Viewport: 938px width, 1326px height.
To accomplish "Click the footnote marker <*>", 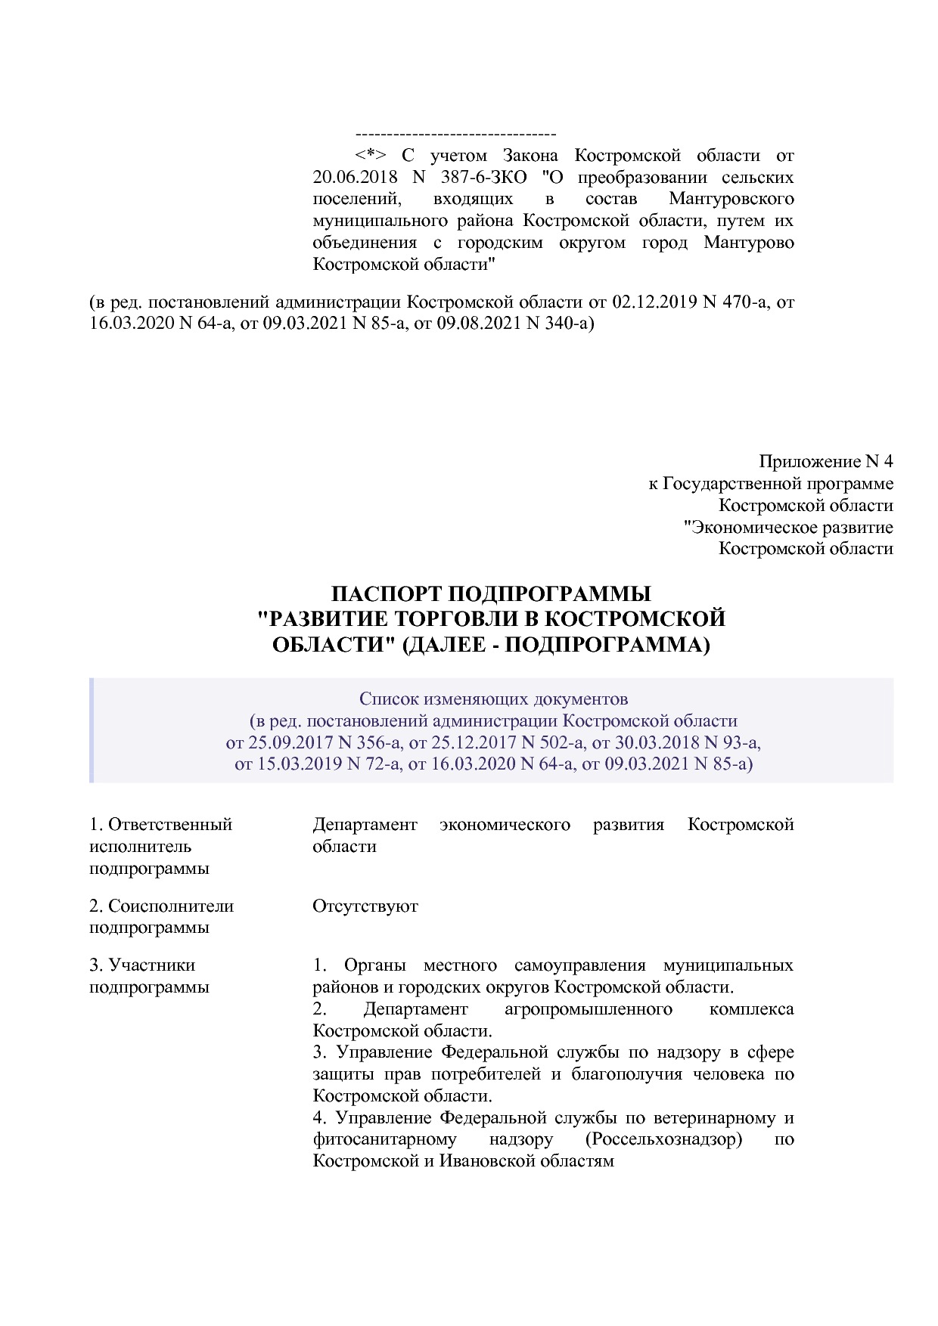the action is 371,156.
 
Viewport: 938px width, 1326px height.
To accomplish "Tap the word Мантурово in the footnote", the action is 748,243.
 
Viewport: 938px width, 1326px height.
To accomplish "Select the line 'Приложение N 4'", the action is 826,462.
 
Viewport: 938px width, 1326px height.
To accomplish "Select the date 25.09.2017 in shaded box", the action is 287,742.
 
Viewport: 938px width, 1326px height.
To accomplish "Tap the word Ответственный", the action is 169,825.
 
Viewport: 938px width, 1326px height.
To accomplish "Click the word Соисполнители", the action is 171,906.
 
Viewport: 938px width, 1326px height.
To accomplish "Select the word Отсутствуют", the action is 365,906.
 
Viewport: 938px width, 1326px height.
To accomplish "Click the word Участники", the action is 152,965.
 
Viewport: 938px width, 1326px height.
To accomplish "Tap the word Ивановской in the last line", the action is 484,1161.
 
